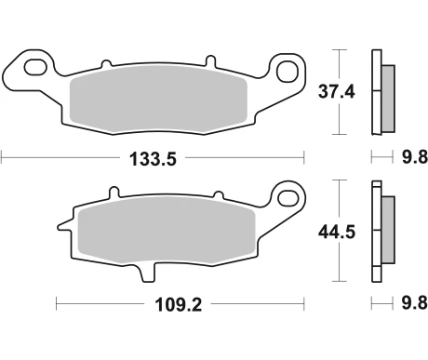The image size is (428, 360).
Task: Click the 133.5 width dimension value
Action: (x=153, y=159)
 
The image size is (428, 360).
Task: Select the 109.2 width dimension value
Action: (x=179, y=304)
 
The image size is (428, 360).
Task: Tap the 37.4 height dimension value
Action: (x=337, y=92)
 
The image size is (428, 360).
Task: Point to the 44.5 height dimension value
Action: (x=337, y=232)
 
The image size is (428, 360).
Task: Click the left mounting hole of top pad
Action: (x=36, y=67)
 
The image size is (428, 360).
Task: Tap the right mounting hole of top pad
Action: (x=288, y=72)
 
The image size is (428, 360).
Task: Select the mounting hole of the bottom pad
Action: (x=288, y=198)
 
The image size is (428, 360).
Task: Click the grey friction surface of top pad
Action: (x=158, y=100)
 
